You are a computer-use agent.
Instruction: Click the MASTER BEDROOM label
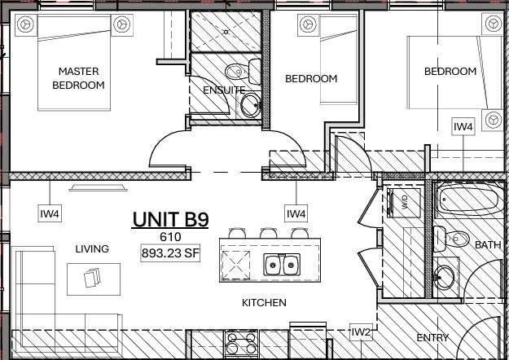(x=78, y=77)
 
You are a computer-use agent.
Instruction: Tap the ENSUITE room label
(x=223, y=90)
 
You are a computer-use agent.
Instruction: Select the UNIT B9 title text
(x=170, y=219)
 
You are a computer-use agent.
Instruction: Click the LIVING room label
(x=92, y=248)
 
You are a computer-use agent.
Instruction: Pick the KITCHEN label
(x=264, y=303)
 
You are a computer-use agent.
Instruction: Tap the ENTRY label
(x=432, y=337)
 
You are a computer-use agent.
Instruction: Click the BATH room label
(x=488, y=244)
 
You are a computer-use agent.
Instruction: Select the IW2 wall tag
(x=361, y=332)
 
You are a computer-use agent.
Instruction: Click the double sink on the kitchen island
(x=281, y=265)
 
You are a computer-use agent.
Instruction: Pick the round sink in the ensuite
(x=251, y=103)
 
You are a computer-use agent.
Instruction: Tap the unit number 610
(x=170, y=237)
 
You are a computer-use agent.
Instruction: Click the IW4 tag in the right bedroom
(x=463, y=126)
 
